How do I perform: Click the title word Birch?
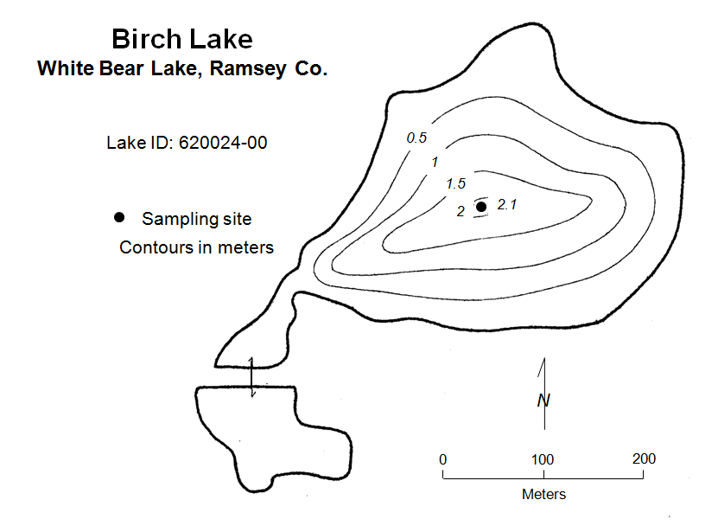(145, 39)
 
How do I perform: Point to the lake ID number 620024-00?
(223, 143)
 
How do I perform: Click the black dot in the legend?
(119, 216)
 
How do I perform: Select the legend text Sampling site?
(196, 220)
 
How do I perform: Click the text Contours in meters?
(196, 247)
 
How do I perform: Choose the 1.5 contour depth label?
(455, 184)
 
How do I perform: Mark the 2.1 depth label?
(507, 204)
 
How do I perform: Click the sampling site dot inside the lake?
(481, 207)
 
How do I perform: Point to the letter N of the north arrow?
(543, 401)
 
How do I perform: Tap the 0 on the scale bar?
(442, 458)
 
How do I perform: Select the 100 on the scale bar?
(543, 458)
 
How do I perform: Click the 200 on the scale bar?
(644, 458)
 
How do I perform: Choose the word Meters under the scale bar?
(543, 495)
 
